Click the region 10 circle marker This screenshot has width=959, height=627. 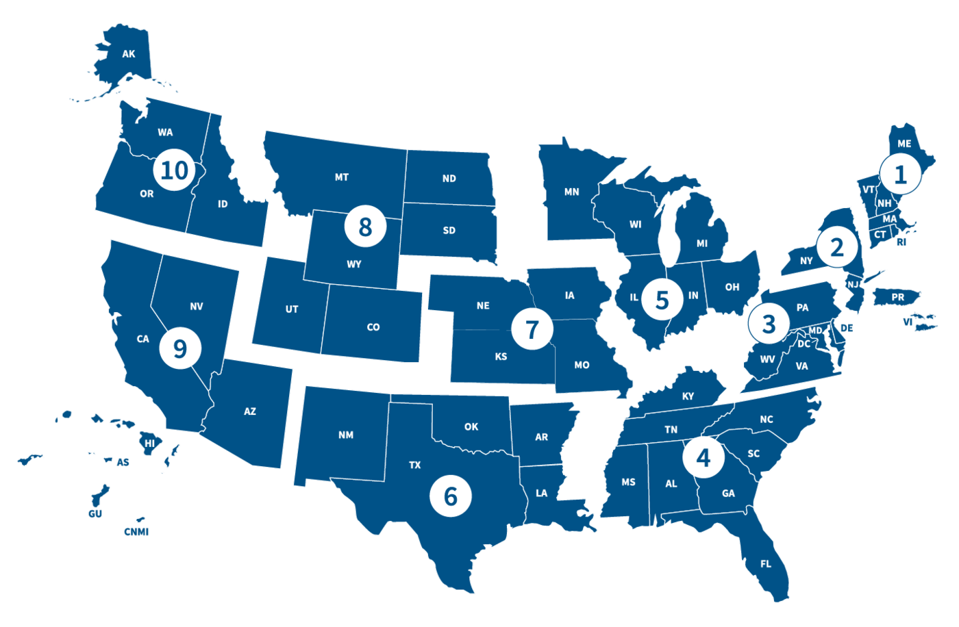pos(174,170)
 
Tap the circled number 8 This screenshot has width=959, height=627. pos(364,227)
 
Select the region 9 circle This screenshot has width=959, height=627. pos(180,348)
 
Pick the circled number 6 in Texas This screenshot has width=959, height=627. pos(450,496)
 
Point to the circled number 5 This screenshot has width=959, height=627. pos(662,300)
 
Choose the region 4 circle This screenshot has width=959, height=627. pos(703,457)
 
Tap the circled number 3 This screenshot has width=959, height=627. pos(769,324)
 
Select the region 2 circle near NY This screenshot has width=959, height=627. pos(836,248)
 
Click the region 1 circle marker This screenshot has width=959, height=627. pos(901,174)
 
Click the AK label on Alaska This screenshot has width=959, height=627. pos(128,53)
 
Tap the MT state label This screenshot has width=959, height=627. pos(341,177)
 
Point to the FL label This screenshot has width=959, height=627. pos(765,564)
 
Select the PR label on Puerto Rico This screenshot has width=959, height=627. pos(897,297)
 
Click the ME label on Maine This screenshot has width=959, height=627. pos(904,144)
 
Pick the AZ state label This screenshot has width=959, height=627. pos(250,411)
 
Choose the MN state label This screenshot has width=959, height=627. pos(571,192)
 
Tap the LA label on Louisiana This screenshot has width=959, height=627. pos(541,493)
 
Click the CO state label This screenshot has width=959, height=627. pos(373,327)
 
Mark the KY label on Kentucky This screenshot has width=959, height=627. pos(688,396)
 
